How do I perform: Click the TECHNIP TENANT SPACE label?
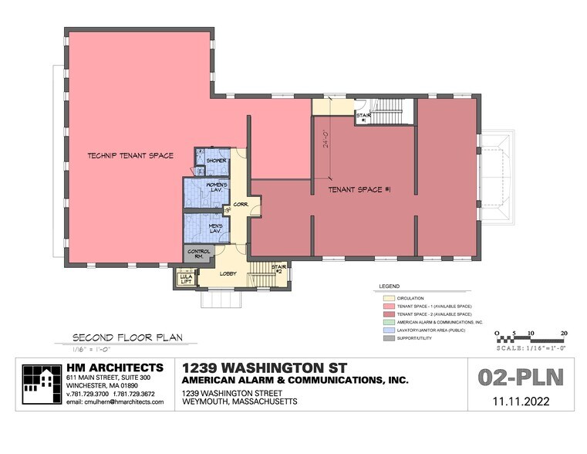pyautogui.click(x=130, y=155)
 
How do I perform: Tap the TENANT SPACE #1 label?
pyautogui.click(x=359, y=188)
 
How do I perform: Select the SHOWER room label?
pyautogui.click(x=216, y=161)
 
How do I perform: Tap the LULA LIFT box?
pyautogui.click(x=186, y=280)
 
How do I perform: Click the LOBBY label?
pyautogui.click(x=228, y=273)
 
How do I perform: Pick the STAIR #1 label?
pyautogui.click(x=363, y=117)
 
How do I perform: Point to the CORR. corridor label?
pyautogui.click(x=240, y=205)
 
